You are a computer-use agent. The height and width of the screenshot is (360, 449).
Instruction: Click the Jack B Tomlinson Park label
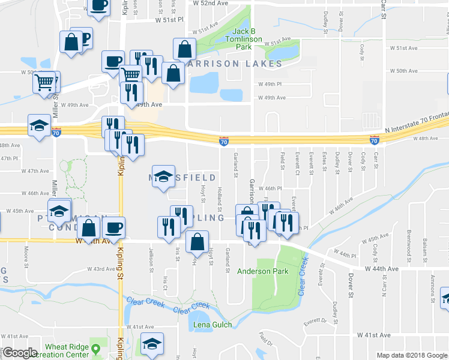click(x=247, y=38)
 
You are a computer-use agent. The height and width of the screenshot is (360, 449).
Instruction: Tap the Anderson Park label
click(x=262, y=271)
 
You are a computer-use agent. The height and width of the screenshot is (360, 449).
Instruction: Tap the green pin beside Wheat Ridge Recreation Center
click(x=95, y=348)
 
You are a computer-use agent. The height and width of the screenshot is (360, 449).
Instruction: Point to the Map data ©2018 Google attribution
click(x=412, y=355)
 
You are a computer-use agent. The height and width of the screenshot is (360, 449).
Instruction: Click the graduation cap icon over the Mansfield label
click(x=163, y=176)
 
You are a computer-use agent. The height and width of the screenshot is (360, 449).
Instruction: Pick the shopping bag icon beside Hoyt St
click(x=197, y=242)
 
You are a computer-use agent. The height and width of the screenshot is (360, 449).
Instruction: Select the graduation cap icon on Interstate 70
click(x=40, y=125)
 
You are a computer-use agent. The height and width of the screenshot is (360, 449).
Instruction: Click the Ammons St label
click(x=433, y=286)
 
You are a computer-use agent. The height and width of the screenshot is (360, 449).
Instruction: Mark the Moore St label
click(x=26, y=254)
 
